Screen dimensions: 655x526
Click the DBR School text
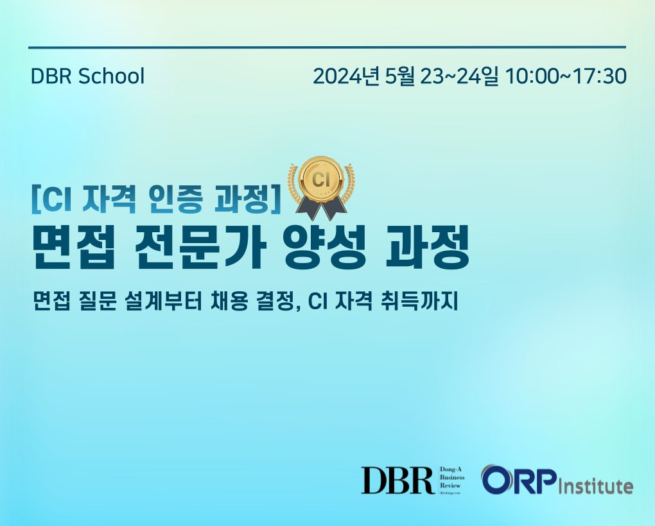pos(88,76)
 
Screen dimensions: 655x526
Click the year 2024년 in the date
pos(346,76)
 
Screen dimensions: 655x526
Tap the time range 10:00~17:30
pos(566,76)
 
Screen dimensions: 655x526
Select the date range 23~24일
pos(459,76)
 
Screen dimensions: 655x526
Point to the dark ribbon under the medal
pos(321,210)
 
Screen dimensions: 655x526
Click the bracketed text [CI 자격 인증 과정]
pos(156,199)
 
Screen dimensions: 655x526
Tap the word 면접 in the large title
pos(73,247)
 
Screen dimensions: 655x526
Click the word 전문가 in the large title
pos(200,247)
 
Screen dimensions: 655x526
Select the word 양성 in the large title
pos(324,247)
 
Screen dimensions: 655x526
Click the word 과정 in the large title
pos(427,247)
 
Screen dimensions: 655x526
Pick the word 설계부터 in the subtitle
pos(165,301)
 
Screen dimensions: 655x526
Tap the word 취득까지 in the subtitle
pos(419,301)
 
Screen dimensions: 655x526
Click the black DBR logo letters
pos(397,480)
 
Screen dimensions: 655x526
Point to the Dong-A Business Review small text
pos(451,478)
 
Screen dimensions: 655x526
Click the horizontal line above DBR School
pos(327,47)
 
